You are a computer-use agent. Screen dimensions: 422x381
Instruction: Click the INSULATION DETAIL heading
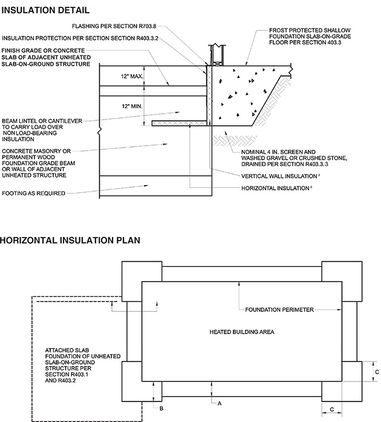pyautogui.click(x=45, y=10)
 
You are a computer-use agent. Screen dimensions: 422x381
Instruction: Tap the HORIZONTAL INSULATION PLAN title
pyautogui.click(x=70, y=240)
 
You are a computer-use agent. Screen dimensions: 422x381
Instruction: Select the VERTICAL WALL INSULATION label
pyautogui.click(x=280, y=176)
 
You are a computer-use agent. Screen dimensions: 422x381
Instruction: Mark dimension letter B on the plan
pyautogui.click(x=161, y=409)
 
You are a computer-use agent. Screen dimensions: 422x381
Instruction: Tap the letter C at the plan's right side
pyautogui.click(x=376, y=372)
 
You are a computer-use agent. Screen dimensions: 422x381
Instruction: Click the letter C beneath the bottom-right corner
pyautogui.click(x=332, y=409)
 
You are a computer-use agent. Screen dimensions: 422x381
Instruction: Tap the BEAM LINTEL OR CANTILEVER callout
pyautogui.click(x=42, y=129)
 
